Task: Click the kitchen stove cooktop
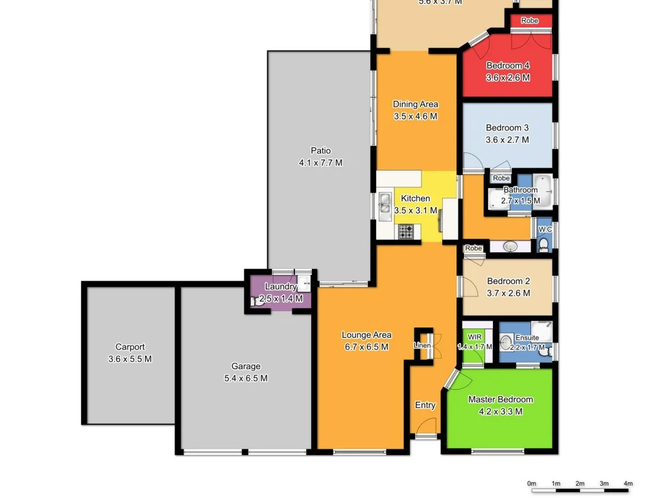pyautogui.click(x=406, y=231)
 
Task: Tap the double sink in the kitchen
pyautogui.click(x=385, y=204)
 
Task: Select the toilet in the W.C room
pyautogui.click(x=544, y=244)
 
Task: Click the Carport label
pyautogui.click(x=130, y=347)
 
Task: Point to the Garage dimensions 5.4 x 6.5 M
pyautogui.click(x=245, y=379)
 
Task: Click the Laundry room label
pyautogui.click(x=281, y=287)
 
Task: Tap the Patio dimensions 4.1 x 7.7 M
pyautogui.click(x=320, y=163)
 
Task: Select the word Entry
pyautogui.click(x=425, y=405)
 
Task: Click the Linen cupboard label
pyautogui.click(x=422, y=346)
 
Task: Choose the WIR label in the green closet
pyautogui.click(x=474, y=337)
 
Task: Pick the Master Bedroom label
pyautogui.click(x=501, y=399)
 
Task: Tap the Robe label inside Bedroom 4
pyautogui.click(x=530, y=21)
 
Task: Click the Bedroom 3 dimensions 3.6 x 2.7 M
pyautogui.click(x=507, y=139)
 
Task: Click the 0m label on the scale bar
pyautogui.click(x=532, y=483)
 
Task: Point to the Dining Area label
pyautogui.click(x=416, y=104)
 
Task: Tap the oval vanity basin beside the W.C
pyautogui.click(x=509, y=246)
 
